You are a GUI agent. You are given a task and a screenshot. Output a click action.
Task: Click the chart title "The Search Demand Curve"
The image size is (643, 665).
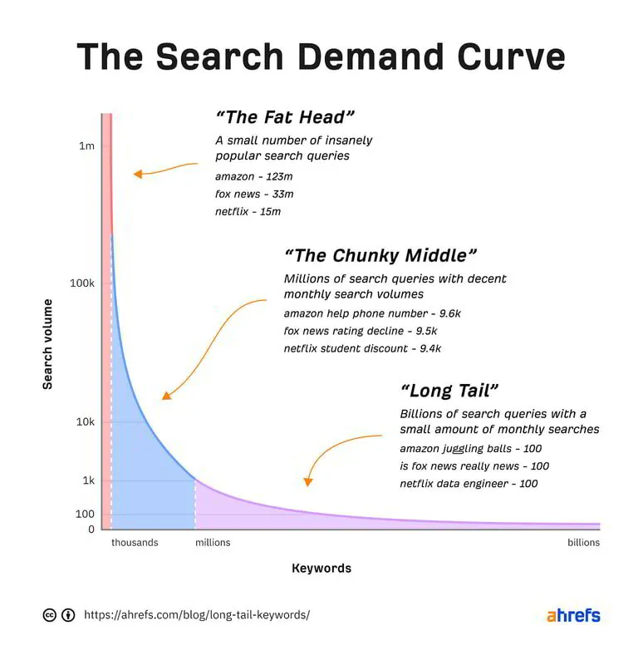[321, 57]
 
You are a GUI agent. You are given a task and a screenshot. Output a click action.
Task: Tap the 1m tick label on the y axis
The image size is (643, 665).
[86, 146]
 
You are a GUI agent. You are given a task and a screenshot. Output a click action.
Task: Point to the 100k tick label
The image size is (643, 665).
[81, 283]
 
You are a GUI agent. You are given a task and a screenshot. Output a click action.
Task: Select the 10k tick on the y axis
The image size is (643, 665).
[85, 421]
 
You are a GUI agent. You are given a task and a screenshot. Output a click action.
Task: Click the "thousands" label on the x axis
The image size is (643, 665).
[135, 543]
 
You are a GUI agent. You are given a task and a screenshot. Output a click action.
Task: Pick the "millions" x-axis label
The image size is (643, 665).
[213, 543]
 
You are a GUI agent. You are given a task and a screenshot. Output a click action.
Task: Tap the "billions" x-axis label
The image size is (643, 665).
[583, 543]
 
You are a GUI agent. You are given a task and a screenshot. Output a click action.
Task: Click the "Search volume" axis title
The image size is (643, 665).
[47, 344]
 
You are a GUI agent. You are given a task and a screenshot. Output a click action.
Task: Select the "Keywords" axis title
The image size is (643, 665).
[321, 569]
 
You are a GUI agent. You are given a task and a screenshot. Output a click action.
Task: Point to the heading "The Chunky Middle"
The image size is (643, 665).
[380, 255]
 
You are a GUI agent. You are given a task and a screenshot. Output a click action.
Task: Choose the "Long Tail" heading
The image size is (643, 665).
[449, 391]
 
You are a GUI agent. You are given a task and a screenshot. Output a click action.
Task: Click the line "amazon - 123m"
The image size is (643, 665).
[254, 176]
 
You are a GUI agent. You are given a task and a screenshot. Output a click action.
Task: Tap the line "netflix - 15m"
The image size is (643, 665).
[248, 211]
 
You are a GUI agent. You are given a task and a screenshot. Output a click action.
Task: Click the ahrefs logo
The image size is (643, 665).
[573, 616]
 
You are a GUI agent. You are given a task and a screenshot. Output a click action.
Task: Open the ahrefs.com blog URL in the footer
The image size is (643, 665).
[197, 615]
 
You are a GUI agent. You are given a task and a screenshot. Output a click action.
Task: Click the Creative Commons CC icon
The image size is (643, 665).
[49, 615]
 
